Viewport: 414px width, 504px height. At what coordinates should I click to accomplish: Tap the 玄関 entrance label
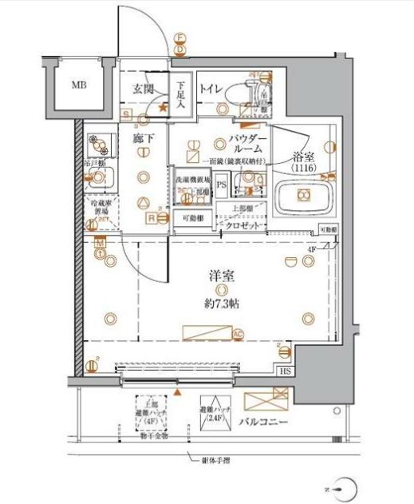(x=144, y=89)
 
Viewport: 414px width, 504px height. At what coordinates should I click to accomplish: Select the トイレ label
(x=211, y=89)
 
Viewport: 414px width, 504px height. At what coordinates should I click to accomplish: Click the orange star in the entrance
(x=163, y=106)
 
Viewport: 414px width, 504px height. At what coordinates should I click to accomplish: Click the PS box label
(x=221, y=185)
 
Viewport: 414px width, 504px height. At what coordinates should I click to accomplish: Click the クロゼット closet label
(x=244, y=226)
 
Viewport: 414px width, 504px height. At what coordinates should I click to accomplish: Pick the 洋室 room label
(x=222, y=276)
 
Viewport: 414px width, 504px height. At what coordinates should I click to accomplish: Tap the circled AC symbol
(x=237, y=335)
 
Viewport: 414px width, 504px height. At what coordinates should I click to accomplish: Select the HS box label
(x=285, y=371)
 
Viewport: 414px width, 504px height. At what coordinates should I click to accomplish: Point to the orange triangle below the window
(x=178, y=395)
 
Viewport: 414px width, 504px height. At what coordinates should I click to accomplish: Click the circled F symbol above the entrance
(x=180, y=38)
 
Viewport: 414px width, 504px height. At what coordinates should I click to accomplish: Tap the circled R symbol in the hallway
(x=148, y=216)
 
